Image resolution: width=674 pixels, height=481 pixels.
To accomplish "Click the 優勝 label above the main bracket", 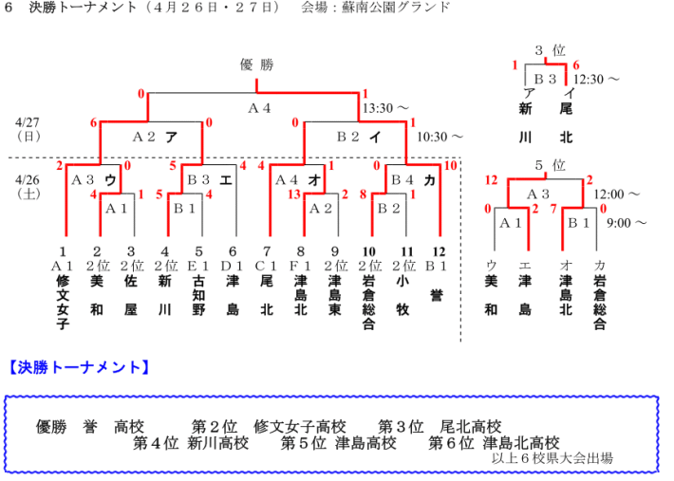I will click(x=256, y=65).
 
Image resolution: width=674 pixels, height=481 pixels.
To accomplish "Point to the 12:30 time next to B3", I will click(x=597, y=80).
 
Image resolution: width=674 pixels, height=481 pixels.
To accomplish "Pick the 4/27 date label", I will click(x=28, y=122).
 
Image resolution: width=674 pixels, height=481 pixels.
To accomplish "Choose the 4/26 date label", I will click(x=28, y=178).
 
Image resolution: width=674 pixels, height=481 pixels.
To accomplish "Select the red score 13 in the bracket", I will click(x=294, y=194).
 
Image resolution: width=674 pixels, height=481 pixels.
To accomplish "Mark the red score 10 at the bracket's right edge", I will click(x=451, y=166).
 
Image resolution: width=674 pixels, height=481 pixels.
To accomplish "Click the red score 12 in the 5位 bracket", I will click(x=491, y=179).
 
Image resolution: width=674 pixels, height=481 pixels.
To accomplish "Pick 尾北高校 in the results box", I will click(x=470, y=427).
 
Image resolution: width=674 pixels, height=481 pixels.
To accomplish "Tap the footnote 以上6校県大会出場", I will click(x=552, y=458).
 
